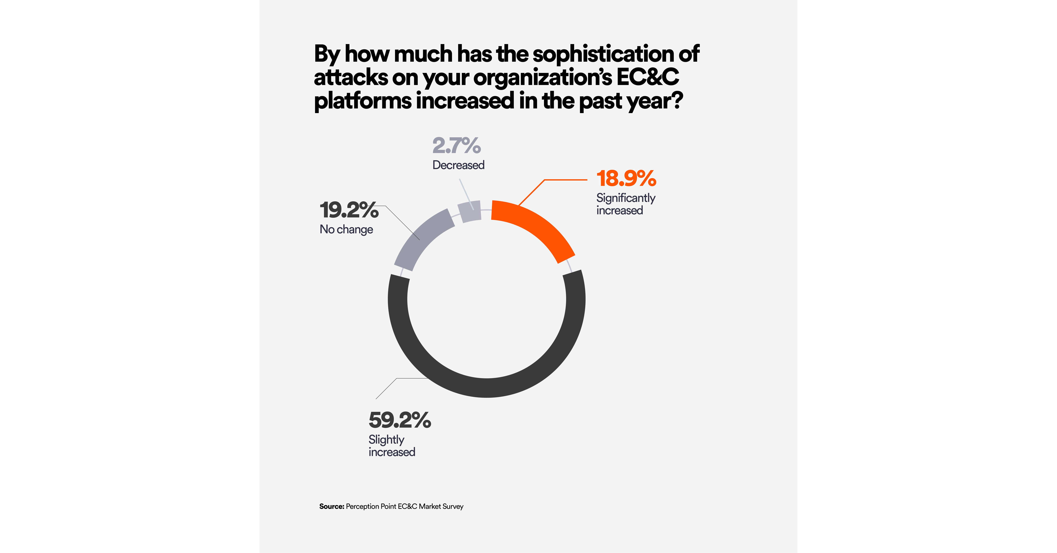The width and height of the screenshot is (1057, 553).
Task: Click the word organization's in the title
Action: click(x=543, y=77)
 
